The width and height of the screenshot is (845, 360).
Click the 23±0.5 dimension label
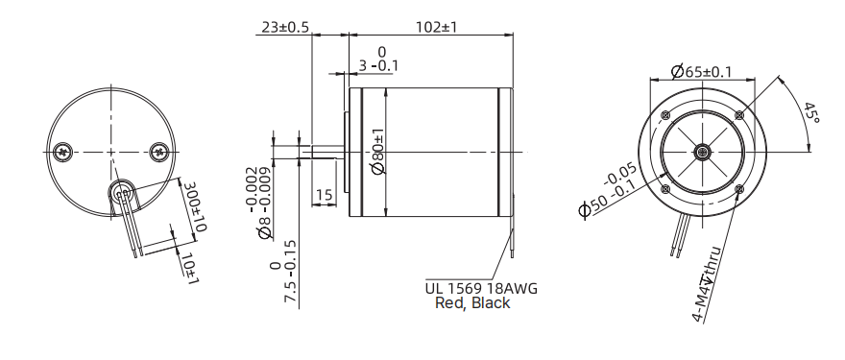pyautogui.click(x=285, y=27)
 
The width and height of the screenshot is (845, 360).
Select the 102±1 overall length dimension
pyautogui.click(x=435, y=27)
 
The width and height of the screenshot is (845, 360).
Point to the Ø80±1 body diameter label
pyautogui.click(x=377, y=151)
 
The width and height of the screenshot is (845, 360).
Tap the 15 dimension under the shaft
pyautogui.click(x=324, y=195)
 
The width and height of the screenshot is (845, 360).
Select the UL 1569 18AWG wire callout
pyautogui.click(x=481, y=287)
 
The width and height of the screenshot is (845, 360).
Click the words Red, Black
pyautogui.click(x=472, y=302)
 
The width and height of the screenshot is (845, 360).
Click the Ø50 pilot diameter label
pyautogui.click(x=607, y=193)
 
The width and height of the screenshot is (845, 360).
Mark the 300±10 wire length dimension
pyautogui.click(x=196, y=207)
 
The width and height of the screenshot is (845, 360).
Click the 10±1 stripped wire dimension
pyautogui.click(x=189, y=268)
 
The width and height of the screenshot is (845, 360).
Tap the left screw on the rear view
pyautogui.click(x=64, y=151)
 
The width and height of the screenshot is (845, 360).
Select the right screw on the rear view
pyautogui.click(x=158, y=151)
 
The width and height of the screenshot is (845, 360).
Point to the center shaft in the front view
pyautogui.click(x=702, y=152)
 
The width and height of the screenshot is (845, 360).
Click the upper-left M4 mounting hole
pyautogui.click(x=664, y=115)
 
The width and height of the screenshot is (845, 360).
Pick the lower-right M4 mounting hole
pyautogui.click(x=738, y=189)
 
